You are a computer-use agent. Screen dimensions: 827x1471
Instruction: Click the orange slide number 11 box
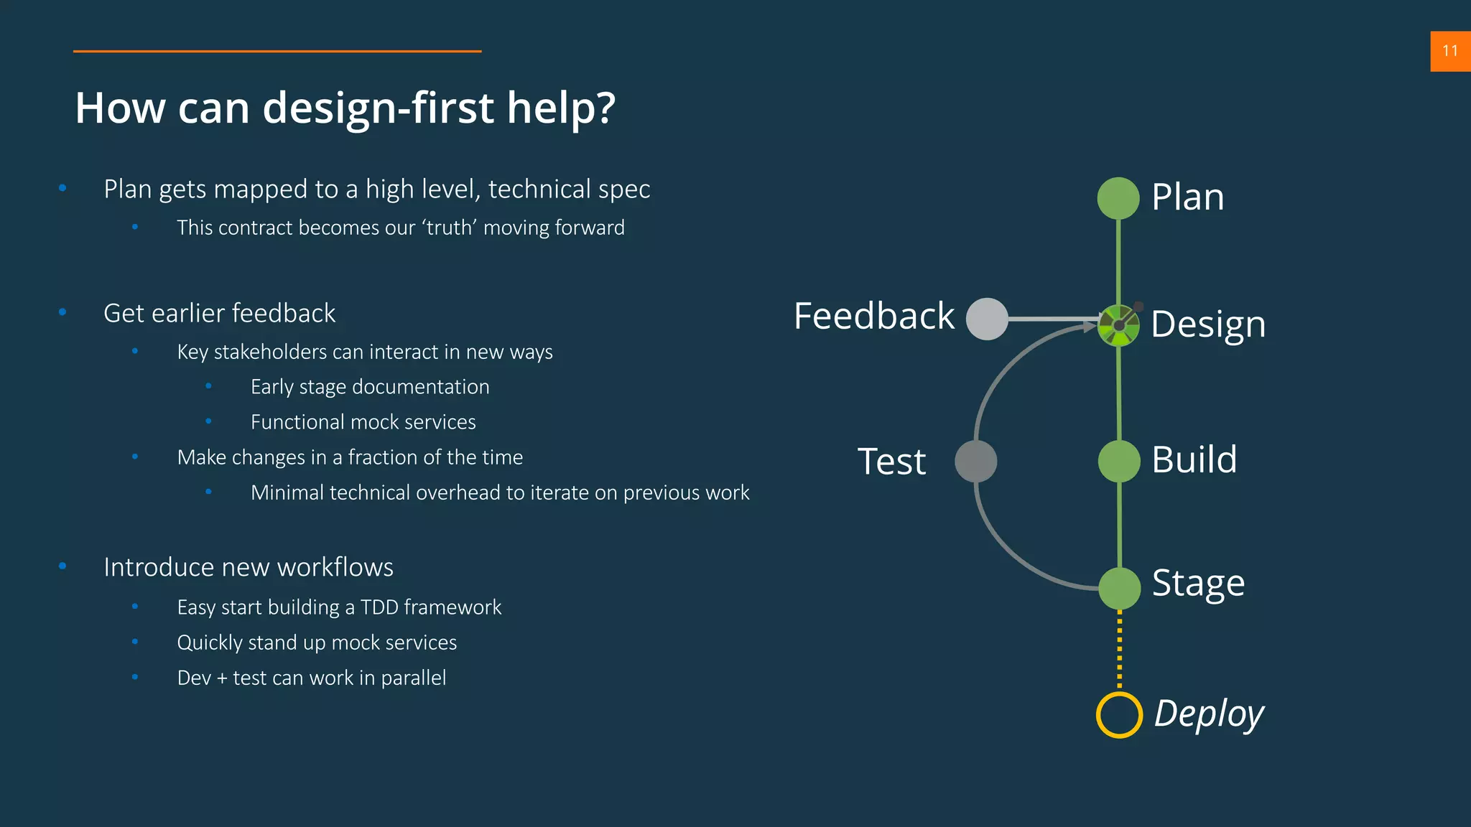[x=1450, y=51]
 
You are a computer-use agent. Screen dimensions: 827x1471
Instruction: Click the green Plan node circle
[x=1118, y=198]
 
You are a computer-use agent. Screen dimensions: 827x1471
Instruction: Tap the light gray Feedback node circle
[x=987, y=319]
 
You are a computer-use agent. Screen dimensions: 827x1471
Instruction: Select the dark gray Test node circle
[x=975, y=461]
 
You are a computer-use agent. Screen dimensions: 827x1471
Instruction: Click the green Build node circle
[x=1119, y=461]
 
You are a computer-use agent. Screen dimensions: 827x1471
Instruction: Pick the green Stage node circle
[x=1119, y=588]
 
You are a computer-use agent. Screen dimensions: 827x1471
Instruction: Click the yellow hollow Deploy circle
[x=1119, y=714]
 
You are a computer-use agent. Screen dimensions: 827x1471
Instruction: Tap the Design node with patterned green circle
[x=1118, y=326]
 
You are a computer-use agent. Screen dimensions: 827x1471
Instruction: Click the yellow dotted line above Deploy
[x=1119, y=650]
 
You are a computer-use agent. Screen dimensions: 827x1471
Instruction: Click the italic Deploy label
[x=1209, y=714]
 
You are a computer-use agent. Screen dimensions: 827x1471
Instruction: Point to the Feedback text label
[x=874, y=316]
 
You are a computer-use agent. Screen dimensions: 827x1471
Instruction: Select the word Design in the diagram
[x=1208, y=324]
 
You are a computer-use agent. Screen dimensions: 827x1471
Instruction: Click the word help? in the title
[x=561, y=108]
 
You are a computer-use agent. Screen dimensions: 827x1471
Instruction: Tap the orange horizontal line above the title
[x=277, y=51]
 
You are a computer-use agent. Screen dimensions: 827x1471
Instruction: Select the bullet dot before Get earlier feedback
[x=62, y=312]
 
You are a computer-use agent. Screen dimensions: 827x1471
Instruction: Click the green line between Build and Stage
[x=1119, y=524]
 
